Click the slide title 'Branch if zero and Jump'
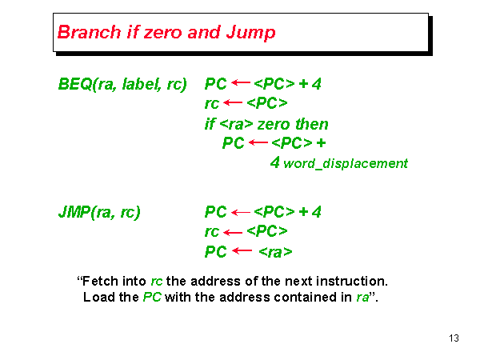[x=166, y=33]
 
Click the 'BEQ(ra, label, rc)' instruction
[x=122, y=83]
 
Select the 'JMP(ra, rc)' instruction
[x=99, y=212]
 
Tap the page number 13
[x=454, y=338]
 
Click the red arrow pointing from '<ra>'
[x=242, y=251]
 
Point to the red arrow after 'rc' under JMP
[x=233, y=232]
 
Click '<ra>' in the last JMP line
[x=275, y=252]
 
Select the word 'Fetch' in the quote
[x=100, y=282]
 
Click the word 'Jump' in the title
[x=252, y=33]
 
